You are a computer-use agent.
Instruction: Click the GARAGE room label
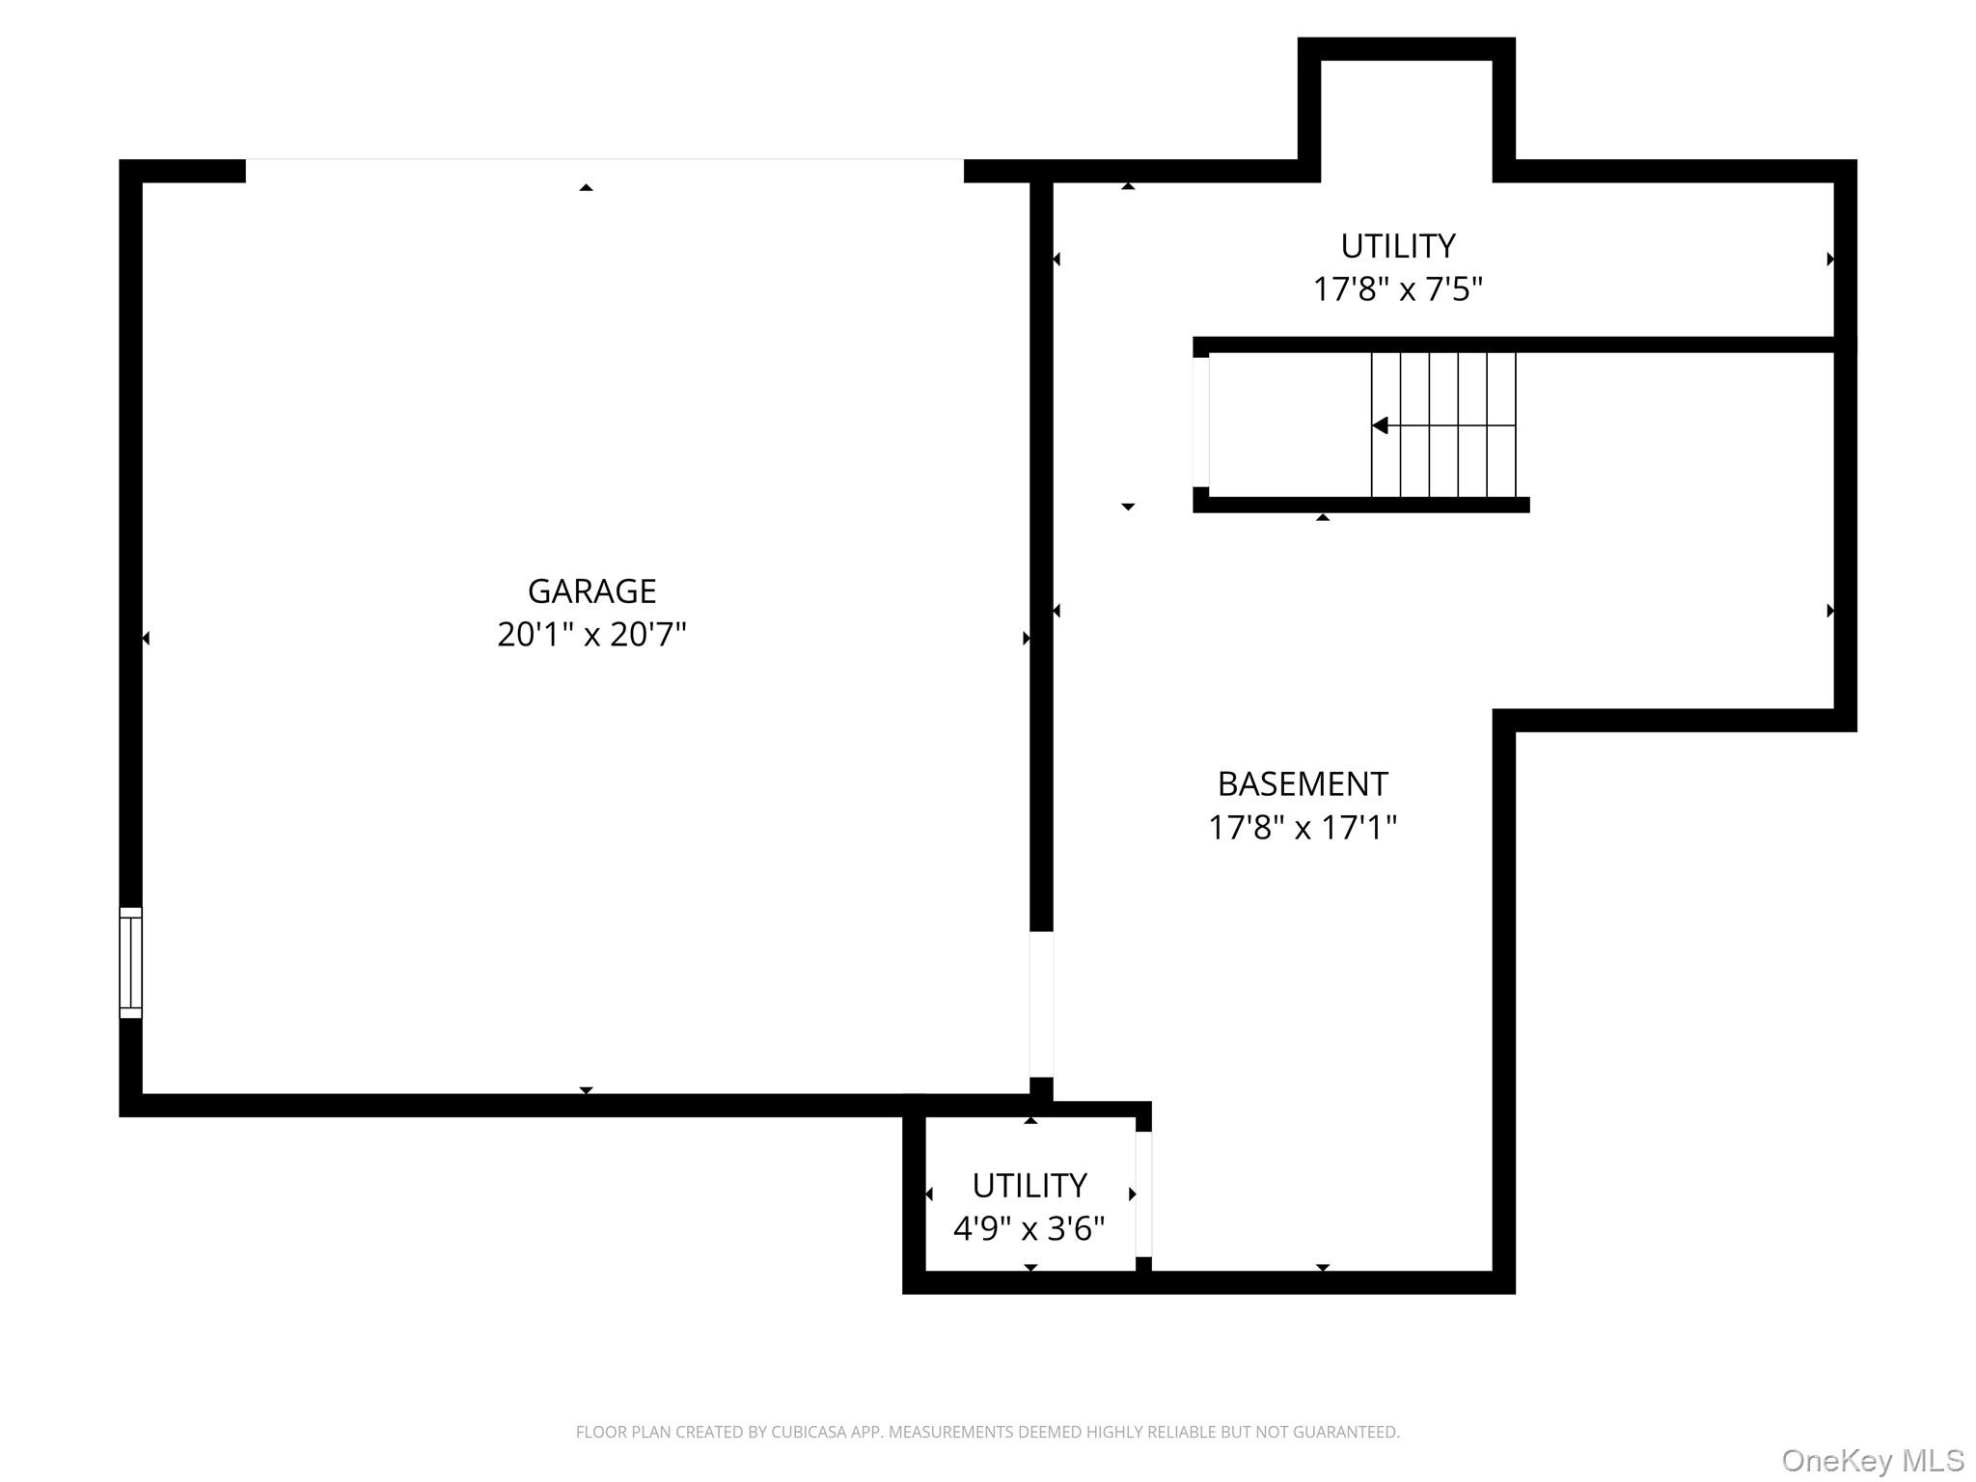click(591, 590)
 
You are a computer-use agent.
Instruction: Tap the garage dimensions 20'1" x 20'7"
click(591, 634)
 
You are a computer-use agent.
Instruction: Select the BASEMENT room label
click(1303, 783)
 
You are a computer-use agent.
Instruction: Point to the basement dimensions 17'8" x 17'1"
click(1303, 827)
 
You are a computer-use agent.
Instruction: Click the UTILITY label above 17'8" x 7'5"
click(1398, 246)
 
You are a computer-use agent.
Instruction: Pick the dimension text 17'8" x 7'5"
click(1398, 288)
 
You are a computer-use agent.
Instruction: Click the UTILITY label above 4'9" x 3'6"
click(1029, 1185)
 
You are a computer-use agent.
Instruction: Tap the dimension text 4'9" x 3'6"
click(1029, 1228)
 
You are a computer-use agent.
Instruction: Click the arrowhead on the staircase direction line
click(1380, 425)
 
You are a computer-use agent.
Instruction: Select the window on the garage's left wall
click(130, 962)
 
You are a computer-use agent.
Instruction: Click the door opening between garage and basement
click(1041, 1003)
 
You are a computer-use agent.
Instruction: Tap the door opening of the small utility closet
click(1143, 1194)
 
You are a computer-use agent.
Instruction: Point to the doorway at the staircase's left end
click(1200, 422)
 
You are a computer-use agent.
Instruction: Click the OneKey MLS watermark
click(1873, 1460)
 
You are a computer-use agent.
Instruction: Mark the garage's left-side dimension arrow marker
click(146, 638)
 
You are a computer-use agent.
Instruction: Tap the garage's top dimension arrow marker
click(586, 187)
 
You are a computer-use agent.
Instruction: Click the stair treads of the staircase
click(1443, 425)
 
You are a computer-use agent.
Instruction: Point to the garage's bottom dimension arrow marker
click(586, 1090)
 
